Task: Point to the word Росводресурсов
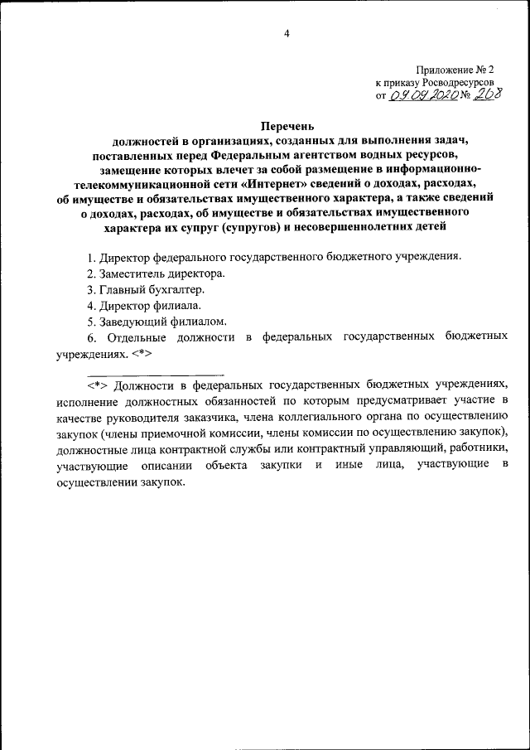(458, 83)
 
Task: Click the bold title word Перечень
(287, 127)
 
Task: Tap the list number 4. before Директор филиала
(91, 305)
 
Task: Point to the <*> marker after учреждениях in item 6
(142, 354)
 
